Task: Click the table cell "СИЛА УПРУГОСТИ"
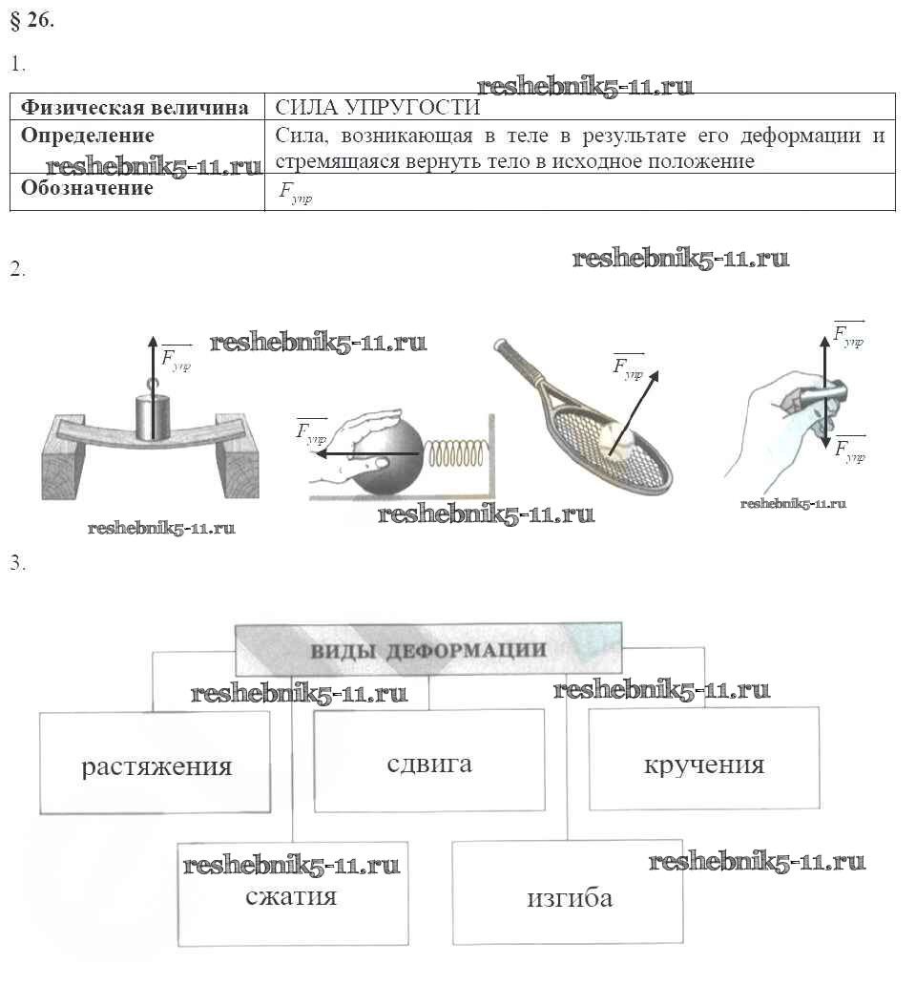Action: (377, 107)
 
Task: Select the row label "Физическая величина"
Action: (135, 107)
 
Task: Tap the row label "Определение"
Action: (88, 136)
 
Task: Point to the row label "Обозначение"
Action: (87, 188)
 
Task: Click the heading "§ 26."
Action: (32, 22)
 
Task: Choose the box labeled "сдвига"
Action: (429, 763)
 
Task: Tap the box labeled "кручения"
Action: (703, 765)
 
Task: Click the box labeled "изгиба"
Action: (569, 897)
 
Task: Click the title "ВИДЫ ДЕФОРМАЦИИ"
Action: (427, 650)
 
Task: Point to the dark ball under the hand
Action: (386, 460)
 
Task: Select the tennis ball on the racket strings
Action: (618, 438)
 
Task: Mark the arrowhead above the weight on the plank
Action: (151, 342)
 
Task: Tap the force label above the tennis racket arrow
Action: (627, 366)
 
